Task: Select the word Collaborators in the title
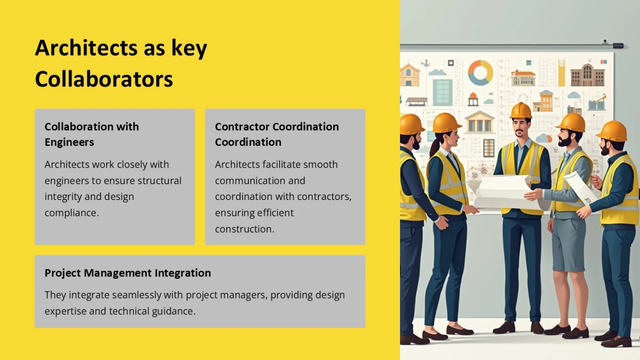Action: point(104,79)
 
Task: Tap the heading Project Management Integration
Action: point(128,273)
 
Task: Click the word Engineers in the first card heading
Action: point(69,142)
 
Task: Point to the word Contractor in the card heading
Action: point(242,126)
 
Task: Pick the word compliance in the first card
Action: point(72,213)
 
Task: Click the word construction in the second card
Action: point(245,229)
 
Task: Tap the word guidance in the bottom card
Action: point(174,311)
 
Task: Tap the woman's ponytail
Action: point(435,146)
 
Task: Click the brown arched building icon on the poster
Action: point(587,75)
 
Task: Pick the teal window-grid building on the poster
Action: point(443,92)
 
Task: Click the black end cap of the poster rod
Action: point(618,46)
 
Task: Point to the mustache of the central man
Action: point(519,131)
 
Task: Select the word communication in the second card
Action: point(260,181)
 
